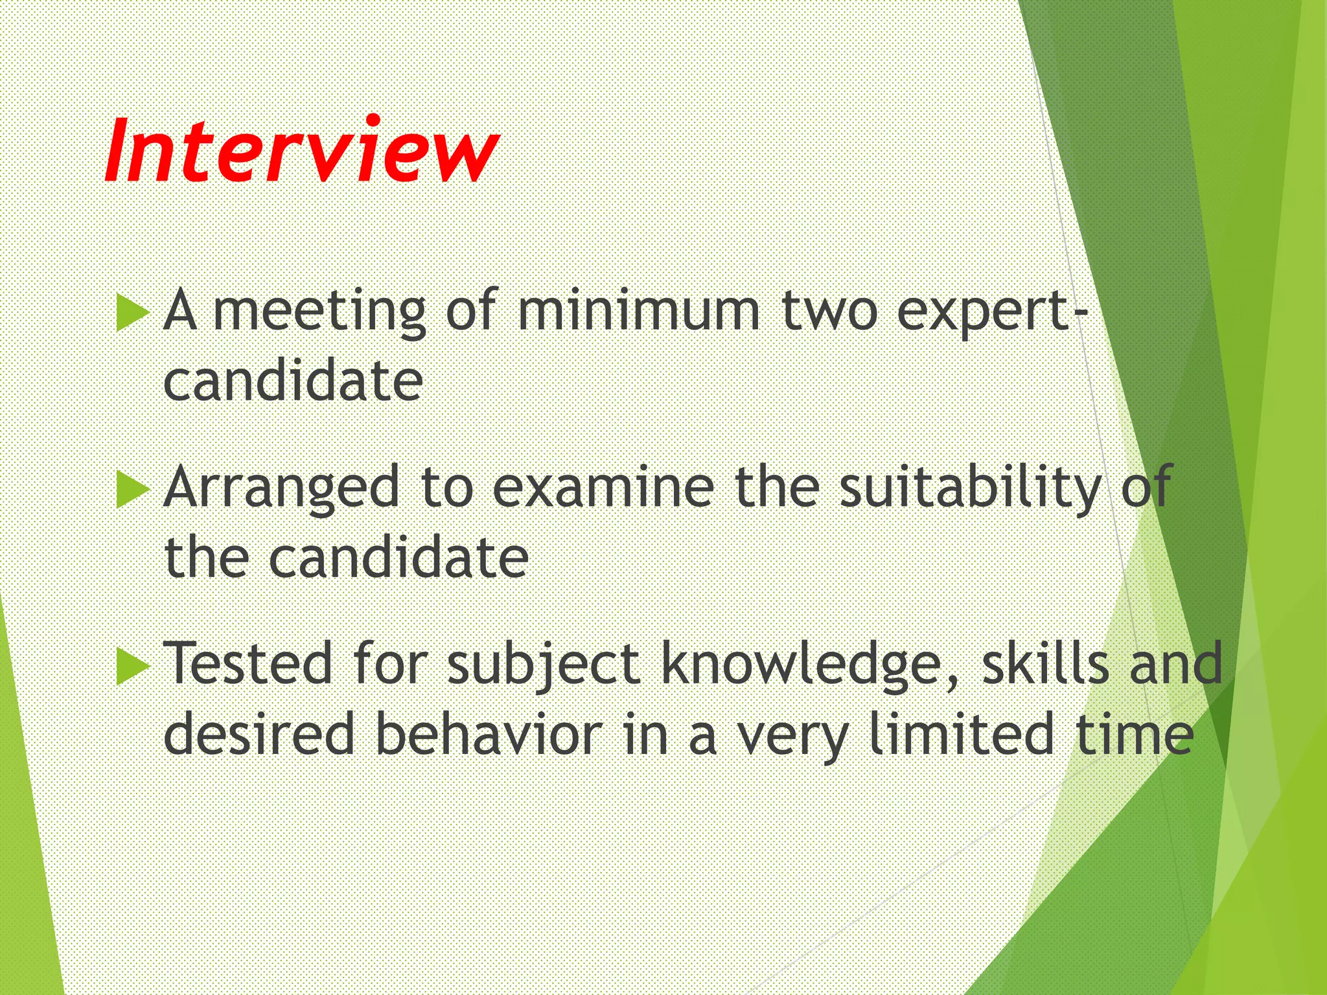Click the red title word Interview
301,150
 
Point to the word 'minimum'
638,311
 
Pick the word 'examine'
603,487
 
